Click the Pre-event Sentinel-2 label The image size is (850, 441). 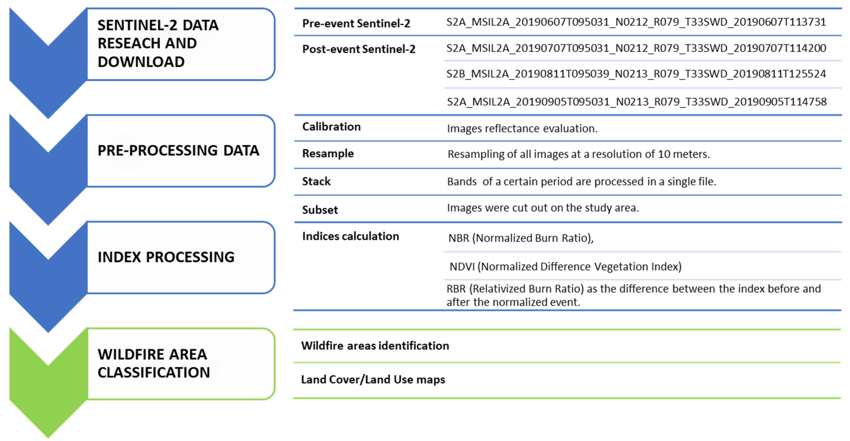pyautogui.click(x=356, y=23)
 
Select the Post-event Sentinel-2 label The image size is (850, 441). pyautogui.click(x=359, y=49)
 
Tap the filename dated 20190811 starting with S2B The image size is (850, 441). pyautogui.click(x=636, y=74)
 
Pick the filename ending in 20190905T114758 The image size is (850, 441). pyautogui.click(x=636, y=102)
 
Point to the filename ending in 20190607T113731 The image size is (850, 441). pyautogui.click(x=636, y=22)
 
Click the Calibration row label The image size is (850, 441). pyautogui.click(x=331, y=127)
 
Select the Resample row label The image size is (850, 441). pyautogui.click(x=328, y=153)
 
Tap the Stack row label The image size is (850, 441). pyautogui.click(x=316, y=181)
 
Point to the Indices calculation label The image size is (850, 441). pyautogui.click(x=350, y=236)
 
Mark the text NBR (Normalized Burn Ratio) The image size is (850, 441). pyautogui.click(x=521, y=238)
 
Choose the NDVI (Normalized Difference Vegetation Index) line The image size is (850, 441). pyautogui.click(x=565, y=266)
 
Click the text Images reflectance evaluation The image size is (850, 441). pyautogui.click(x=522, y=128)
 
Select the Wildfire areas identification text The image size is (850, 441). pyautogui.click(x=375, y=345)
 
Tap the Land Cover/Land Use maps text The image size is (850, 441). pyautogui.click(x=373, y=380)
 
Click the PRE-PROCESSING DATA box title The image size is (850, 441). pyautogui.click(x=178, y=151)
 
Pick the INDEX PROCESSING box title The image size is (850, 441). pyautogui.click(x=166, y=257)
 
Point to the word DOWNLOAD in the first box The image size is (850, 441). pyautogui.click(x=141, y=62)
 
